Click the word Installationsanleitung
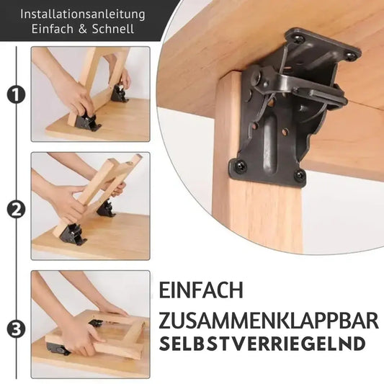tap(83, 14)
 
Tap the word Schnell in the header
tap(111, 29)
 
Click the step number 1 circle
tap(14, 94)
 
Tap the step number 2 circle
tap(14, 210)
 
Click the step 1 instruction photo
tap(90, 94)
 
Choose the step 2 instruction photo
tap(90, 205)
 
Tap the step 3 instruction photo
tap(90, 323)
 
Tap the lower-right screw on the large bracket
tap(298, 175)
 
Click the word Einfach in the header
tap(53, 29)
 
